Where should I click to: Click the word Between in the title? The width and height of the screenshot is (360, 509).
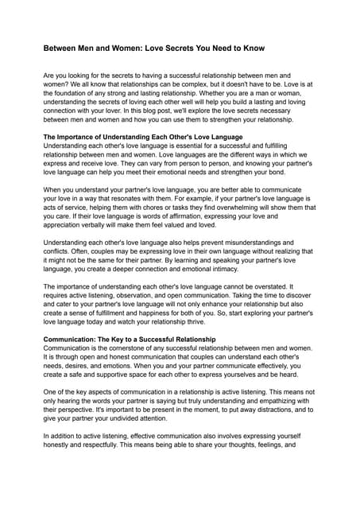60,48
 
